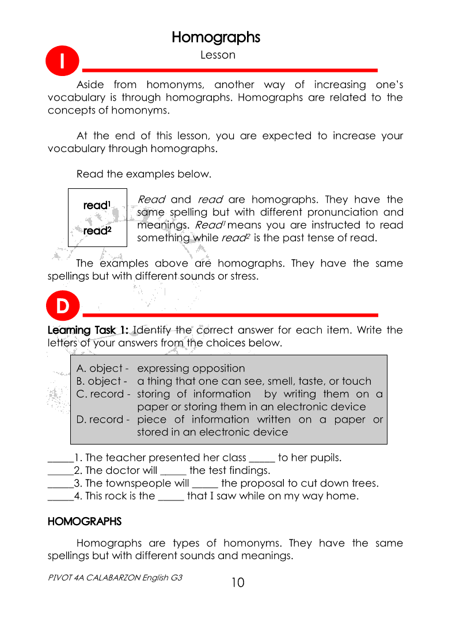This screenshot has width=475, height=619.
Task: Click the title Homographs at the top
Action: click(x=216, y=37)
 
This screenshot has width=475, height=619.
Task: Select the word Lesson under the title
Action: click(x=218, y=55)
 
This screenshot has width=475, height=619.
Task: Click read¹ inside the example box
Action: click(x=97, y=205)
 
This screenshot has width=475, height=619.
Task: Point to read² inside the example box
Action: click(x=97, y=231)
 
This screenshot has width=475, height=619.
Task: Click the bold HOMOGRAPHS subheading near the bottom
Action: click(x=85, y=522)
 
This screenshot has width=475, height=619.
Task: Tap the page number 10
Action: click(x=238, y=583)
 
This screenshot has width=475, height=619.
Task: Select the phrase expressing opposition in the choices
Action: click(x=191, y=369)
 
